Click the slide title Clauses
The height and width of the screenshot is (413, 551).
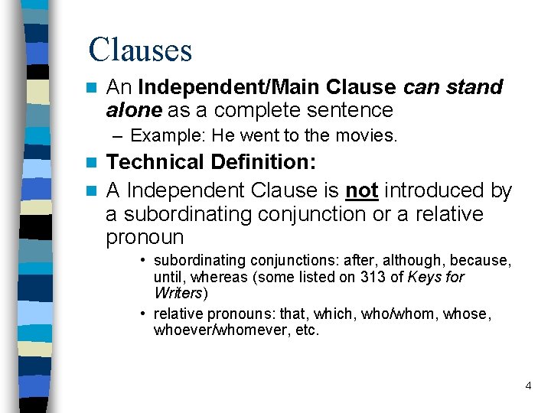(140, 50)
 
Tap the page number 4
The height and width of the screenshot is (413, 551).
(528, 385)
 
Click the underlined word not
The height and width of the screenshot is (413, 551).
(362, 190)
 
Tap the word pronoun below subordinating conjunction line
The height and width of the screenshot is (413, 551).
(145, 239)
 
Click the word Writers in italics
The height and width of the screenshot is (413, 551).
(178, 293)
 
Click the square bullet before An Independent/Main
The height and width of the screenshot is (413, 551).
(93, 87)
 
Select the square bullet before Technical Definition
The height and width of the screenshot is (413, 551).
(93, 162)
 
